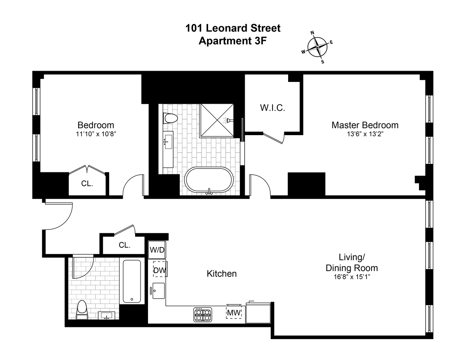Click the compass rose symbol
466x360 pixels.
pos(317,47)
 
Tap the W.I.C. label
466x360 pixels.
pos(273,108)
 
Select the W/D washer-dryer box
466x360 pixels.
pos(157,250)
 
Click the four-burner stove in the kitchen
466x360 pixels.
pos(203,314)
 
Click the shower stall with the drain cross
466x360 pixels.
pos(217,120)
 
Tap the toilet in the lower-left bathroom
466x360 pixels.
pos(82,310)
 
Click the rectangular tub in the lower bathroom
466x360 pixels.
pos(132,282)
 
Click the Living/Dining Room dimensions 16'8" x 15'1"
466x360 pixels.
pos(351,277)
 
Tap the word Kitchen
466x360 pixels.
pos(221,274)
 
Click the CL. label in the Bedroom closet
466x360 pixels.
pos(87,184)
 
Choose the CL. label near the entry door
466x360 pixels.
pos(124,245)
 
